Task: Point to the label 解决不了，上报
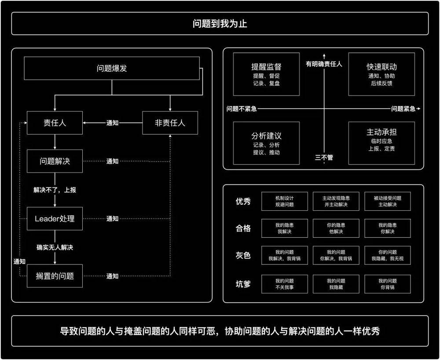pos(55,190)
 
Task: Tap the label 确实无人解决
pos(55,247)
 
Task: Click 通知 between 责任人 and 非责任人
pos(112,123)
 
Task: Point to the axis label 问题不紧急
pos(242,109)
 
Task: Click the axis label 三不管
pos(324,158)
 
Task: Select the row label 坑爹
pos(243,284)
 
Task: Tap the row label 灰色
pos(243,255)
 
